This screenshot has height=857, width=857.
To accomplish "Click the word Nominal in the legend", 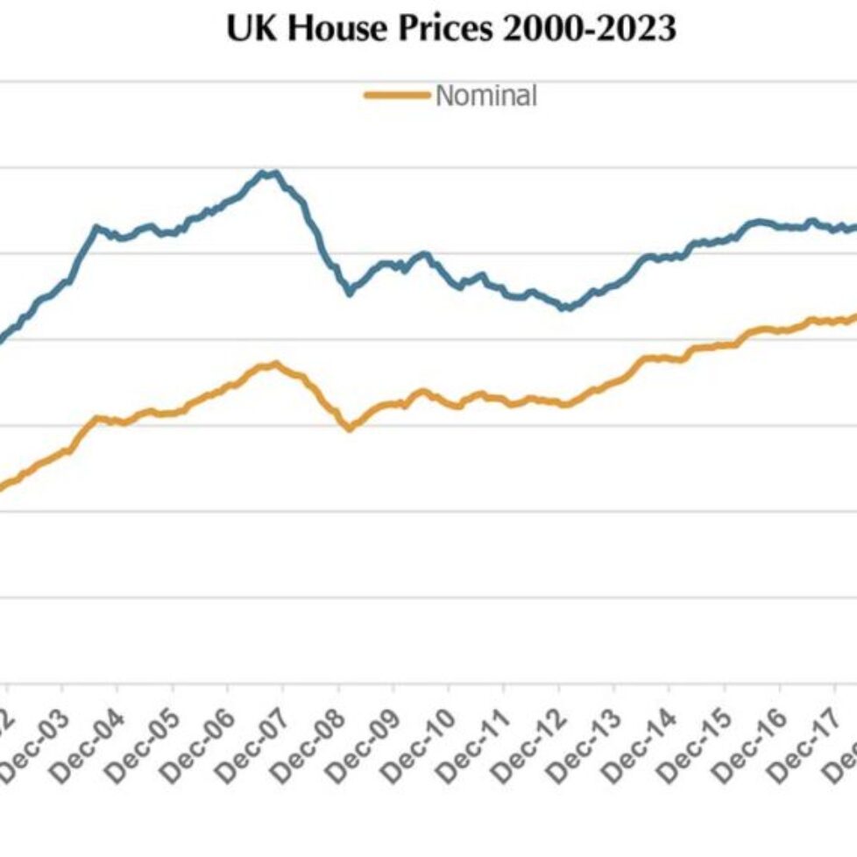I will point(485,95).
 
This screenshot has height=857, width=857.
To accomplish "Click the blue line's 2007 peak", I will point(267,173).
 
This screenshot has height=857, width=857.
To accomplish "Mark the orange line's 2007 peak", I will point(277,364).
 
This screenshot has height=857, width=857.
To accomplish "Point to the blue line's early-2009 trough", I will point(350,292).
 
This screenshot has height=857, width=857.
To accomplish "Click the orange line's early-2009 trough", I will point(350,428).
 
